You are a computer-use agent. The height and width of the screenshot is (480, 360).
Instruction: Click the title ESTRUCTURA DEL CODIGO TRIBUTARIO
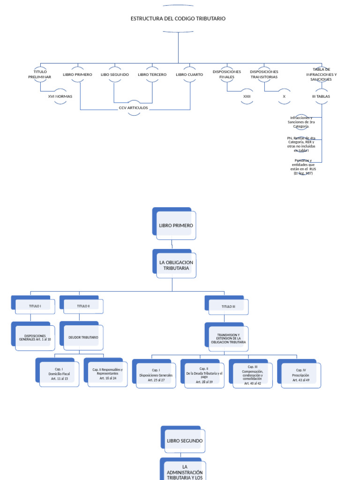click(178, 19)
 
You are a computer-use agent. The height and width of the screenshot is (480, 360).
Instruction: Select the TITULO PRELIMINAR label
click(39, 74)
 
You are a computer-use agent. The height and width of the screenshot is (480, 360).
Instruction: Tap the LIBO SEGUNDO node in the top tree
click(114, 75)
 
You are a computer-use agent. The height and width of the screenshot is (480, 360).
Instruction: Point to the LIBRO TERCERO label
click(152, 75)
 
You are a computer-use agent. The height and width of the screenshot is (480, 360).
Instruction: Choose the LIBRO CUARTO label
click(189, 75)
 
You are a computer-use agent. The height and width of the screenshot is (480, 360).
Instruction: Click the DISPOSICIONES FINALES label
click(227, 74)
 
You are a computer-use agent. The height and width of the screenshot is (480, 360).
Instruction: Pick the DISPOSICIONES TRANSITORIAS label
click(264, 74)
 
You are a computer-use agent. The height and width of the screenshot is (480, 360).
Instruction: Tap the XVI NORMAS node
click(60, 96)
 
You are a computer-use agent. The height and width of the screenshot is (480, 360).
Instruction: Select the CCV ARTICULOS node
click(134, 108)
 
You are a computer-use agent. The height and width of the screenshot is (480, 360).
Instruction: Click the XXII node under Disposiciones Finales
click(247, 96)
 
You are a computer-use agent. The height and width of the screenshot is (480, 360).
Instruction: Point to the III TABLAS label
click(321, 96)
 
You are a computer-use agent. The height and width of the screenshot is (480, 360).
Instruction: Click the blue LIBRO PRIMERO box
click(175, 225)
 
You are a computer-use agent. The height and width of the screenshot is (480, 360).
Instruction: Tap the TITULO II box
click(83, 306)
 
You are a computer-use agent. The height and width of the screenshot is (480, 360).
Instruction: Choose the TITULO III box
click(228, 306)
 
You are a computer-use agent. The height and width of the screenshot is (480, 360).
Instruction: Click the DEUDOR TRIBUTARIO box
click(83, 337)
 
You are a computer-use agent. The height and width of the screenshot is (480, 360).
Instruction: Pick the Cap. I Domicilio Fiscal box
click(59, 374)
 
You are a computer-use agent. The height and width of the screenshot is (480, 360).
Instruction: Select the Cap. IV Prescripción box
click(300, 375)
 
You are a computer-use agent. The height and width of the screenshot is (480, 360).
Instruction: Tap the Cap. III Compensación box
click(252, 375)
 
